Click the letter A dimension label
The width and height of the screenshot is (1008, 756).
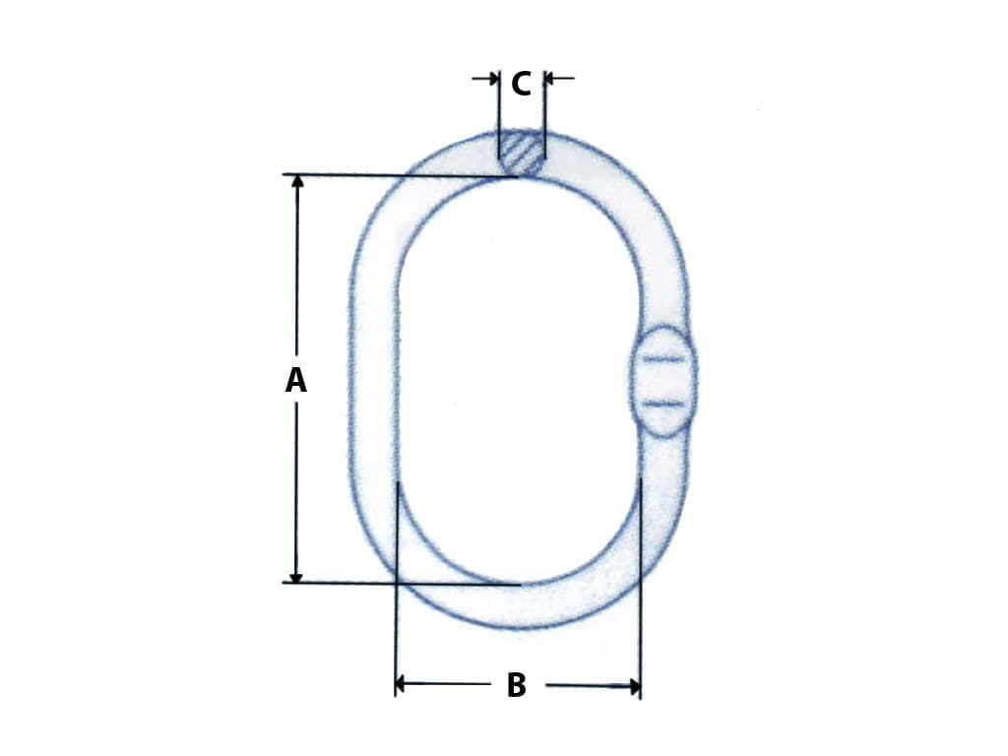tap(296, 380)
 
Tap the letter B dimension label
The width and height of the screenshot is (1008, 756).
tap(516, 685)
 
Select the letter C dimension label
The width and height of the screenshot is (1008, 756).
tap(521, 84)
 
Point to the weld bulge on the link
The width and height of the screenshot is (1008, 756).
tap(662, 381)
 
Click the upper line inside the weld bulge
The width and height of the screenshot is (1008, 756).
tap(662, 359)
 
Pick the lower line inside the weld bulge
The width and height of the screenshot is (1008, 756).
tap(662, 404)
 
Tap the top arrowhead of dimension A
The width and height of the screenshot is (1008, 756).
tap(296, 182)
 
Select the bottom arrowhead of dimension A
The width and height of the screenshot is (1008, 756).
tap(296, 576)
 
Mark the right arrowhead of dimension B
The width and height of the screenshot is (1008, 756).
tap(633, 685)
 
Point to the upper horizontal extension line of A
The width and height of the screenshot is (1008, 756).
tap(394, 176)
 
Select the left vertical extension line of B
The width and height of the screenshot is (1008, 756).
tap(396, 591)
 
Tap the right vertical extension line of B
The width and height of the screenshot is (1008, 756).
tap(640, 591)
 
